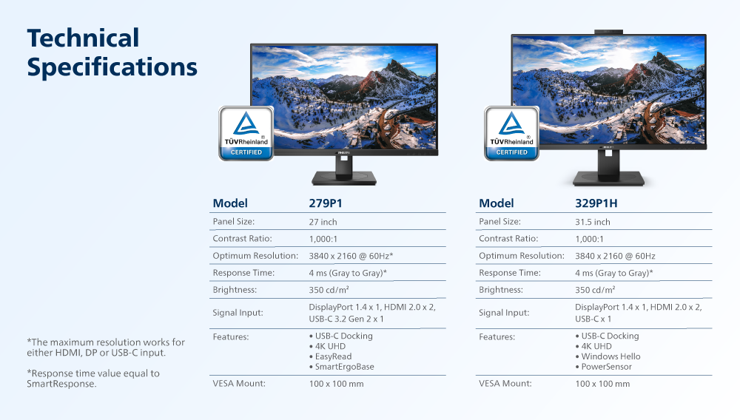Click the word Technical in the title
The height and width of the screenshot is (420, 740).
click(83, 38)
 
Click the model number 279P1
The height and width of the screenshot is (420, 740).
click(326, 203)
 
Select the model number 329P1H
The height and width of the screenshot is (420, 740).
click(596, 203)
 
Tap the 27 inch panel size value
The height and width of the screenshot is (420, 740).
click(323, 222)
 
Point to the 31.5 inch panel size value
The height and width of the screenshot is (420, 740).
click(592, 222)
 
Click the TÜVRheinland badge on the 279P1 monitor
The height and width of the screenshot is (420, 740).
click(246, 133)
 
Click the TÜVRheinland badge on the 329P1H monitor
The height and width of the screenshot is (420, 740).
click(511, 133)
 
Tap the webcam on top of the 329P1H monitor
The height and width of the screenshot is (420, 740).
click(608, 32)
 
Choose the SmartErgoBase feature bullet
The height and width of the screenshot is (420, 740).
click(342, 367)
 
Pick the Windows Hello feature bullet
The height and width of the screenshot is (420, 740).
click(608, 356)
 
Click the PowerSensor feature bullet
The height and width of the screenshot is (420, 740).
click(603, 367)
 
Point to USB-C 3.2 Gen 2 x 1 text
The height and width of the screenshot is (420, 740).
click(346, 319)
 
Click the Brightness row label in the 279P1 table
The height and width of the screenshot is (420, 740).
click(235, 290)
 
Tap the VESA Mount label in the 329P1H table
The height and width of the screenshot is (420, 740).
click(505, 384)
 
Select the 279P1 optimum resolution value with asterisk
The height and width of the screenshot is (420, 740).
click(351, 256)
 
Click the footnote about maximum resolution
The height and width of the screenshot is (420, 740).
click(106, 348)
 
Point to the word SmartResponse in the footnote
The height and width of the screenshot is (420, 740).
click(61, 384)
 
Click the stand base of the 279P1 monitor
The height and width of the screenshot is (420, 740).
click(344, 178)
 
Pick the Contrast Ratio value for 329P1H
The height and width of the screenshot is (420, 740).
click(589, 239)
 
